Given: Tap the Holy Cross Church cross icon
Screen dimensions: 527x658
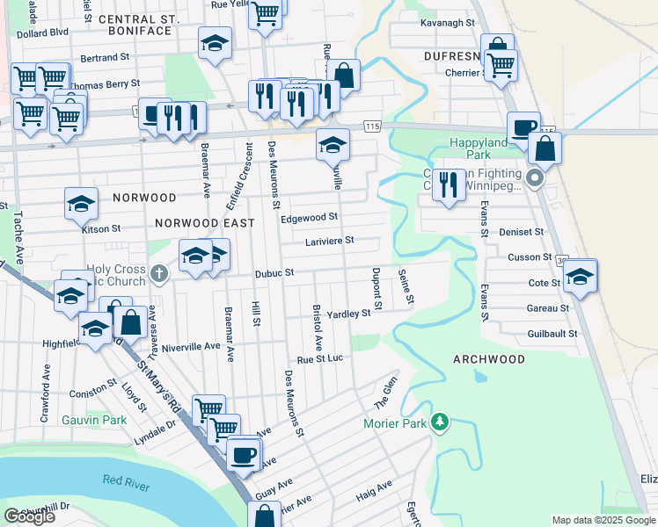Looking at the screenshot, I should click(x=159, y=274).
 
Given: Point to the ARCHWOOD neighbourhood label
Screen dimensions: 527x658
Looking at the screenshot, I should click(x=489, y=359).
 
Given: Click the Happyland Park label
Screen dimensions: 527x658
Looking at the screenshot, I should click(x=479, y=148).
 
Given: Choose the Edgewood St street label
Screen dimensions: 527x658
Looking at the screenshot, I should click(x=309, y=217).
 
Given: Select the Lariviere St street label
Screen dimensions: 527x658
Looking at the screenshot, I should click(x=329, y=241).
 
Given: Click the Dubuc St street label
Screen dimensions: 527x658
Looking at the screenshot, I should click(x=273, y=273).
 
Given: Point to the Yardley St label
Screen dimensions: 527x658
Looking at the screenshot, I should click(x=348, y=314).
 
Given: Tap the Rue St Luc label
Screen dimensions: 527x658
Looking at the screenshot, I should click(x=318, y=359).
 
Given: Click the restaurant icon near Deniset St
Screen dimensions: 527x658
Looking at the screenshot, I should click(x=449, y=184).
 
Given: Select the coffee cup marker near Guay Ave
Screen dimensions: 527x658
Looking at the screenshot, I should click(x=243, y=454).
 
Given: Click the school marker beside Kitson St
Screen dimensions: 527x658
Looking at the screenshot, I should click(x=81, y=205).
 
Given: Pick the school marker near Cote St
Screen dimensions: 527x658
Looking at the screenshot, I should click(x=580, y=276).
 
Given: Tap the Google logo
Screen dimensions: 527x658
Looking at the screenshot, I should click(x=29, y=516).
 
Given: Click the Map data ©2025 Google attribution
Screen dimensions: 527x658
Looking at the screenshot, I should click(x=603, y=520).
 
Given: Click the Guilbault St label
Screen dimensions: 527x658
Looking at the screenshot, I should click(x=552, y=334).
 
